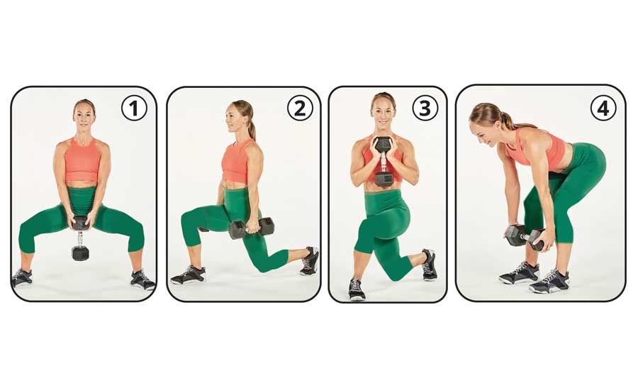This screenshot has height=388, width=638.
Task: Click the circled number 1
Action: click(x=134, y=109)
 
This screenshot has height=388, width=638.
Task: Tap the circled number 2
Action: click(x=299, y=109)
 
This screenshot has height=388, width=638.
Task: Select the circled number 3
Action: click(x=425, y=109)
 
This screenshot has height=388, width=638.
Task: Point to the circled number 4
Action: click(x=603, y=109)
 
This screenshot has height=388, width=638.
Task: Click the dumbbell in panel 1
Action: click(x=80, y=240)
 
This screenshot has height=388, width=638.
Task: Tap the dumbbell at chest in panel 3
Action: click(x=384, y=160)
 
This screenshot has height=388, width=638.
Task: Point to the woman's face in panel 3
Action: click(x=383, y=109)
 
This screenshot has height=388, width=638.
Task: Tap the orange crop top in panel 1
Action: click(x=83, y=160)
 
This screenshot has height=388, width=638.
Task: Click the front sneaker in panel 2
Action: click(x=188, y=275)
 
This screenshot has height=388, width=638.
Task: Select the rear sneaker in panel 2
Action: click(x=310, y=260)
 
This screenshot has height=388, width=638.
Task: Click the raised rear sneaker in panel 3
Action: click(x=428, y=264)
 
